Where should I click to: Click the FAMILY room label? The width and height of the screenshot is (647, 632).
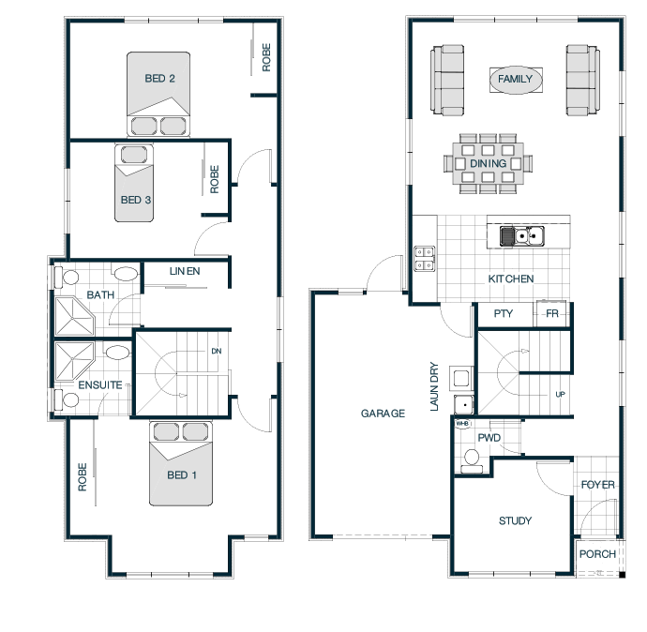click(x=515, y=79)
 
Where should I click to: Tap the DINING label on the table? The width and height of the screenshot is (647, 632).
click(x=489, y=164)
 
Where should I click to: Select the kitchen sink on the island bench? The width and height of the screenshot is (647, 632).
click(x=522, y=236)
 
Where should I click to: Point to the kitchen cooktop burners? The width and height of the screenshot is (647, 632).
click(x=425, y=258)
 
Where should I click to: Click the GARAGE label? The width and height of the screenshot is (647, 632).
click(x=383, y=414)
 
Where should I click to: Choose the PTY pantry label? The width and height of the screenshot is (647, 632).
click(x=504, y=313)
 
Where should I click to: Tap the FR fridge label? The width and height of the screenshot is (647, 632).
click(x=552, y=314)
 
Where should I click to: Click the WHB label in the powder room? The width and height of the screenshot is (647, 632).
click(x=462, y=423)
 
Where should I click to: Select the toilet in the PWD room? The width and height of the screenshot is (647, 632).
click(x=472, y=460)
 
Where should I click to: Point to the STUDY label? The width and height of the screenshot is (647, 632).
click(x=516, y=520)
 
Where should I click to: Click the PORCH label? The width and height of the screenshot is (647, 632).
click(x=597, y=554)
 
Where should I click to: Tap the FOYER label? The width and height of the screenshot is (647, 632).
click(x=598, y=485)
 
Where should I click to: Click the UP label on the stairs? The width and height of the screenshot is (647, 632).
click(x=560, y=395)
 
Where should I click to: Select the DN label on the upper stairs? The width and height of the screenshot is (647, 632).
click(x=217, y=351)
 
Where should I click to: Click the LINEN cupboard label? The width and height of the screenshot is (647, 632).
click(x=185, y=271)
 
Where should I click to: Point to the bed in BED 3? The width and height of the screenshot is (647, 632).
click(x=134, y=183)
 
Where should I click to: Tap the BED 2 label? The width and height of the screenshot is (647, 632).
click(x=159, y=79)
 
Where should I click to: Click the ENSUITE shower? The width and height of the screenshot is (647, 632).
click(x=75, y=361)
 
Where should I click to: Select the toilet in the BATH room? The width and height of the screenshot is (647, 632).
click(x=67, y=278)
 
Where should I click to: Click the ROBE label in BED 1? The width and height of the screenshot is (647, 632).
click(x=83, y=477)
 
